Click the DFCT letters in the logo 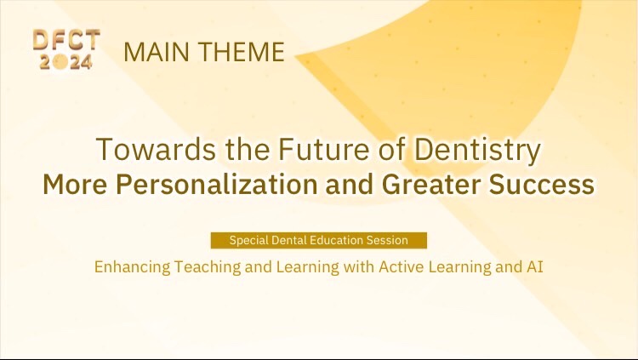click(66, 39)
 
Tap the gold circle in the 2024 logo click(60, 61)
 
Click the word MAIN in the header click(157, 52)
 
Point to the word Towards click(157, 149)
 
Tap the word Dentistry click(477, 151)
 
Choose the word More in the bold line click(75, 184)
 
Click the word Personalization click(216, 184)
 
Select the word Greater click(431, 184)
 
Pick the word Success click(542, 184)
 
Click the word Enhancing click(132, 267)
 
